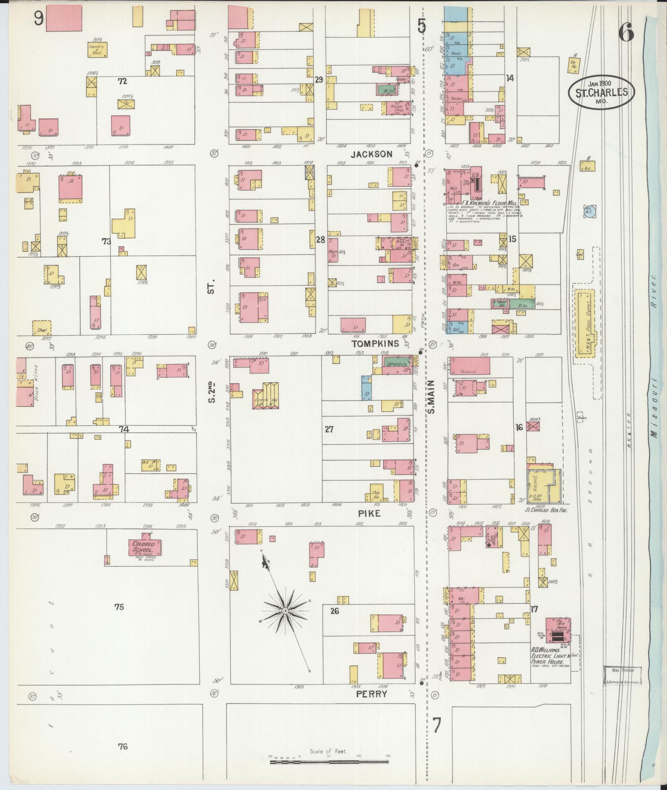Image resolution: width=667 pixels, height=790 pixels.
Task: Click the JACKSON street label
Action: pos(371,154)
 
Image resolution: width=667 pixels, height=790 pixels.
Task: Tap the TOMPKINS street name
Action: pos(375,344)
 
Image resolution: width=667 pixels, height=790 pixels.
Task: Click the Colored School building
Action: pos(143,548)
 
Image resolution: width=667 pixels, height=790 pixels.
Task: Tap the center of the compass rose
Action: pos(285,610)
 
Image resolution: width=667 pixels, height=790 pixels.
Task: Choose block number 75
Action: pos(120,607)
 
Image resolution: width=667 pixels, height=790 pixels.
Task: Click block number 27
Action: pos(329,429)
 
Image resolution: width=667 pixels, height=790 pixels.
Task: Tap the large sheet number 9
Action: pos(39,19)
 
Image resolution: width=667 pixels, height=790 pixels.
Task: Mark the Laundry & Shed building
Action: pos(97,49)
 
